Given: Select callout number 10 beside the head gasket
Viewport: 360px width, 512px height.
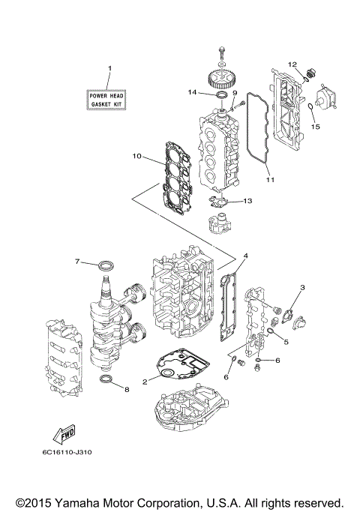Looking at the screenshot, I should [x=136, y=157].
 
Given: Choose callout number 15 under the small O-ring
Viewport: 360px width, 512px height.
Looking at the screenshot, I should [x=316, y=127].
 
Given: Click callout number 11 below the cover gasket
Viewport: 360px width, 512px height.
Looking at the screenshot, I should [x=270, y=180].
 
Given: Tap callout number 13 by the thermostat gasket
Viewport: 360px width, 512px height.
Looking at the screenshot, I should [x=248, y=201].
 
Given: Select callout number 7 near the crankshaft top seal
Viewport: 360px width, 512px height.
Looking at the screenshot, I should [x=76, y=262].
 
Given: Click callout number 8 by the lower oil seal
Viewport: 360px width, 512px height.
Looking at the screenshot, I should [x=127, y=390].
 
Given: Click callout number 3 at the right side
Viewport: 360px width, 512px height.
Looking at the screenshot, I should [x=302, y=288].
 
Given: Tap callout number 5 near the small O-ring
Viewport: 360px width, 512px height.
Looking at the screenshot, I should [x=285, y=342].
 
